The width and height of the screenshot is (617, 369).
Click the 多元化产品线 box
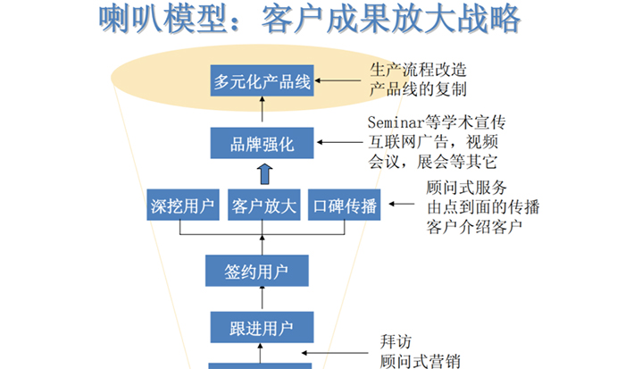pyautogui.click(x=262, y=80)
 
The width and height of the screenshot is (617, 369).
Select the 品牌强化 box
pyautogui.click(x=262, y=143)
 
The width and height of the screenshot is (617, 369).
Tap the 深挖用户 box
pyautogui.click(x=183, y=205)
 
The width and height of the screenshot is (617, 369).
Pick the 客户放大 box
pyautogui.click(x=264, y=205)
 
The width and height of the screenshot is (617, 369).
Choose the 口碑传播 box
pyautogui.click(x=345, y=205)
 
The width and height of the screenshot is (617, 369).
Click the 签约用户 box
pyautogui.click(x=257, y=271)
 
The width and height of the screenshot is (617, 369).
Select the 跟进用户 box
pyautogui.click(x=262, y=327)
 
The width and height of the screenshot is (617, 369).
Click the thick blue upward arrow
pyautogui.click(x=265, y=174)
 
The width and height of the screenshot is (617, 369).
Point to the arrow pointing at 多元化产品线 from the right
pyautogui.click(x=338, y=80)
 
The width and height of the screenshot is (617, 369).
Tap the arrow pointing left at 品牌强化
pyautogui.click(x=339, y=142)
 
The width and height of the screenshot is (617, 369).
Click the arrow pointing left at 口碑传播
pyautogui.click(x=402, y=204)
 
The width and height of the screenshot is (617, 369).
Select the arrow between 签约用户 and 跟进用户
pyautogui.click(x=262, y=298)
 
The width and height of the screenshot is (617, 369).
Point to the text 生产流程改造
pyautogui.click(x=418, y=70)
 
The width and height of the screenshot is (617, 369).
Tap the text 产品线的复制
pyautogui.click(x=418, y=89)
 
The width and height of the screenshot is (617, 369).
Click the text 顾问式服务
pyautogui.click(x=467, y=188)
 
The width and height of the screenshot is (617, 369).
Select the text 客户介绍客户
pyautogui.click(x=474, y=227)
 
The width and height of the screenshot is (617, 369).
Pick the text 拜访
pyautogui.click(x=396, y=341)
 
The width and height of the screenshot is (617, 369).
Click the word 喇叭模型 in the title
pyautogui.click(x=163, y=19)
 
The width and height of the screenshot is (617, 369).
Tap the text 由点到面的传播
pyautogui.click(x=483, y=207)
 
